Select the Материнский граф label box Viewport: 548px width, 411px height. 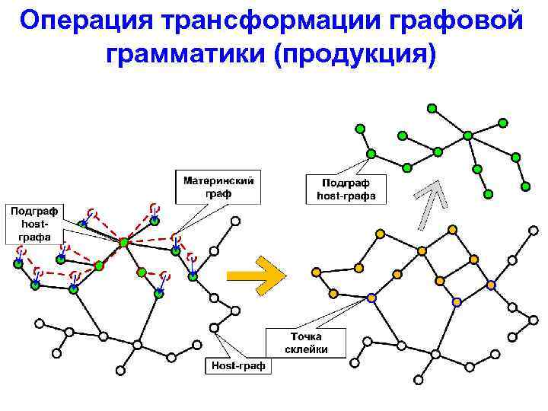coord(218,187)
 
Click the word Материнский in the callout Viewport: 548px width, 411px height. coord(218,181)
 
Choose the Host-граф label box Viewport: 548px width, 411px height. coord(239,366)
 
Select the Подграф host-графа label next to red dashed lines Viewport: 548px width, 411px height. coord(35,223)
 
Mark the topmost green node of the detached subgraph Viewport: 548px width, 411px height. coord(432,109)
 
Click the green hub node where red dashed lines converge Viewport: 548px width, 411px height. coord(123,242)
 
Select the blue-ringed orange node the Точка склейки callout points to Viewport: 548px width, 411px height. coord(371,298)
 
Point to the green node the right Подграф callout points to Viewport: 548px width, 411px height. coord(371,154)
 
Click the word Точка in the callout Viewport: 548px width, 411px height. coord(306,336)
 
